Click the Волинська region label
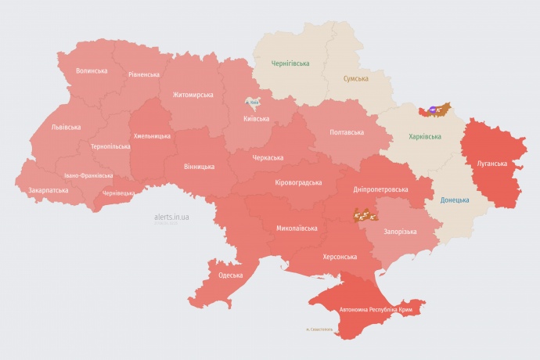pos(92,70)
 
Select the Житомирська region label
pos(193,95)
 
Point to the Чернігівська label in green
pos(290,63)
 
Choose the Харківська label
pos(425,136)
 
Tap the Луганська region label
pos(491,164)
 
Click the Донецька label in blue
pos(455,200)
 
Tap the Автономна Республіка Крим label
pos(376,310)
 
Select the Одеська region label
pos(230,275)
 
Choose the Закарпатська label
pos(48,190)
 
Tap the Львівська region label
pos(66,126)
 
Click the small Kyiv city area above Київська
pos(253,103)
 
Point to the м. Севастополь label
pos(319,329)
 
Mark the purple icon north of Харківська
pos(434,110)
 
